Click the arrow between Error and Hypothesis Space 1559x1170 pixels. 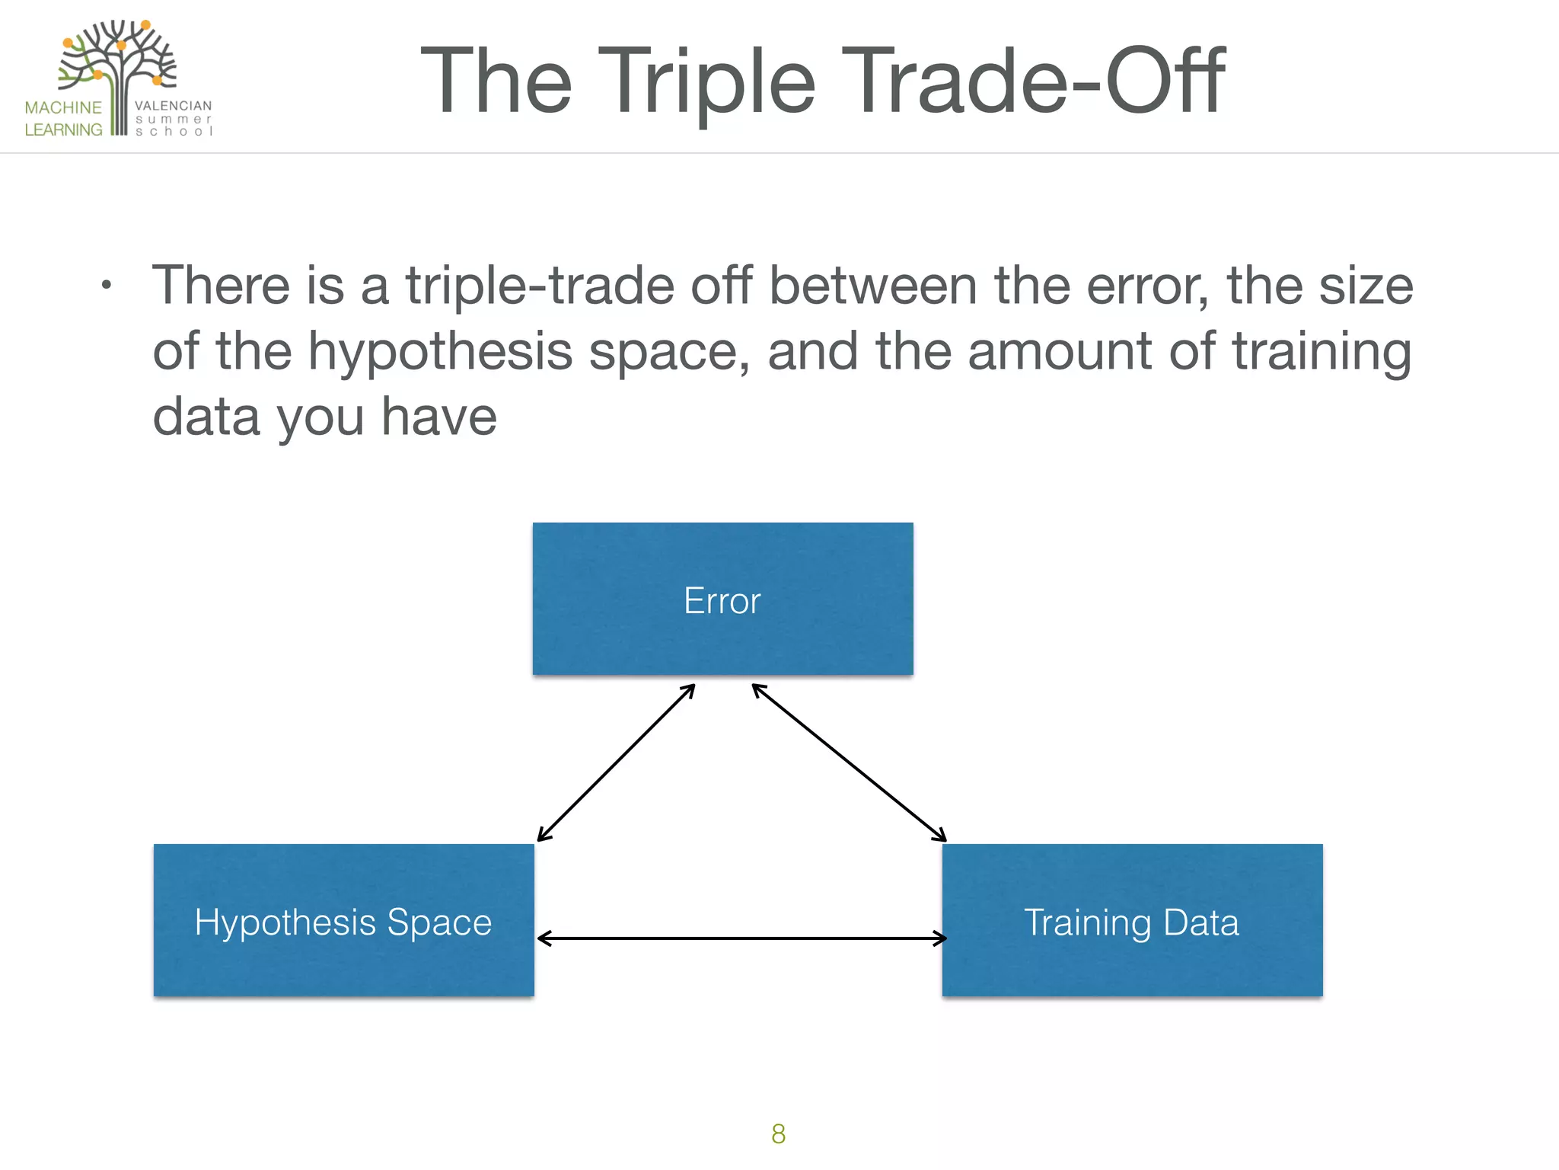(616, 763)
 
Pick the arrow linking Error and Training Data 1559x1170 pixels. (849, 762)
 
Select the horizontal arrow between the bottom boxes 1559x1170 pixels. (741, 938)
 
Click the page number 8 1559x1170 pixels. (778, 1134)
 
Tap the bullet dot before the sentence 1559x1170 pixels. (107, 286)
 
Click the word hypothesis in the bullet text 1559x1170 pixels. (439, 352)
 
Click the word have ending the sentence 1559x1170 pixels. (438, 417)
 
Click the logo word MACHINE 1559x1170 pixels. (63, 107)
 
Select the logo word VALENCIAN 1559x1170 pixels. (173, 106)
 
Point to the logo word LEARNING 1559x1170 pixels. (63, 129)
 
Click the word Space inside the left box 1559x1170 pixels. (439, 922)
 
